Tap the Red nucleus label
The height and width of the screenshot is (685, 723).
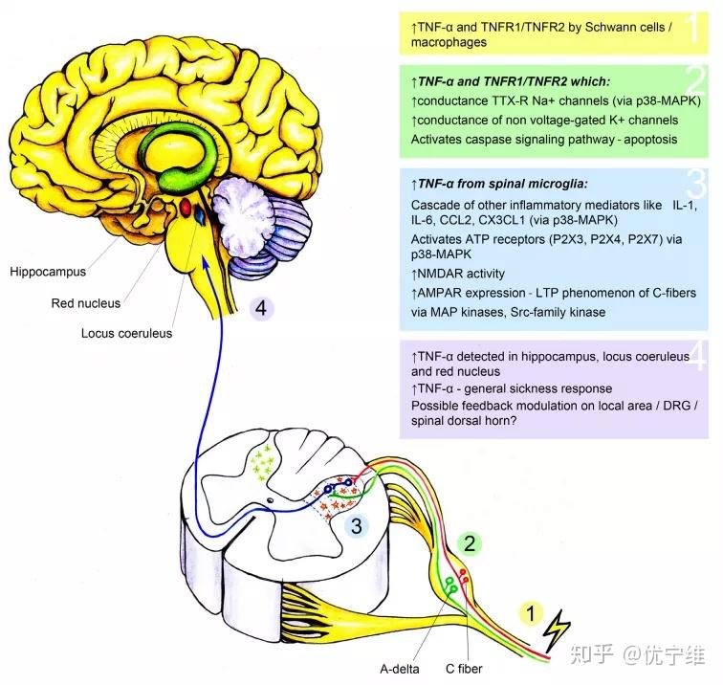(x=87, y=303)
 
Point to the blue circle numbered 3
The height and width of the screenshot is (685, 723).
(x=357, y=525)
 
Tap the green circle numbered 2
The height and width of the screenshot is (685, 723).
(x=470, y=543)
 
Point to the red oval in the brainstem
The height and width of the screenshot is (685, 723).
(x=185, y=206)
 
